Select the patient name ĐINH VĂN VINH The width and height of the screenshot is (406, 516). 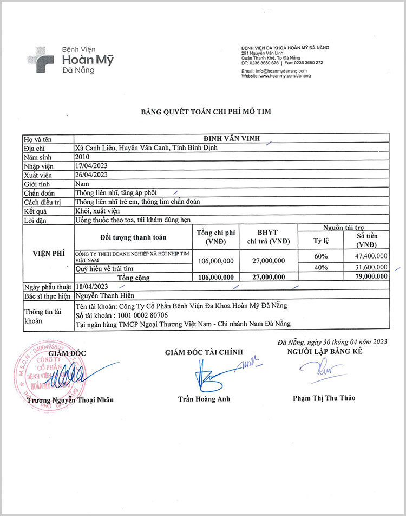(x=231, y=139)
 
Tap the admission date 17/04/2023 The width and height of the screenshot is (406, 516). (x=92, y=165)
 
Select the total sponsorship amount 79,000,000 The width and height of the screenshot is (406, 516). (x=369, y=276)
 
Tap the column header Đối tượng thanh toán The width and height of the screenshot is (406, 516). (x=133, y=237)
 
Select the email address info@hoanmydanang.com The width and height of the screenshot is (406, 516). (x=281, y=71)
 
